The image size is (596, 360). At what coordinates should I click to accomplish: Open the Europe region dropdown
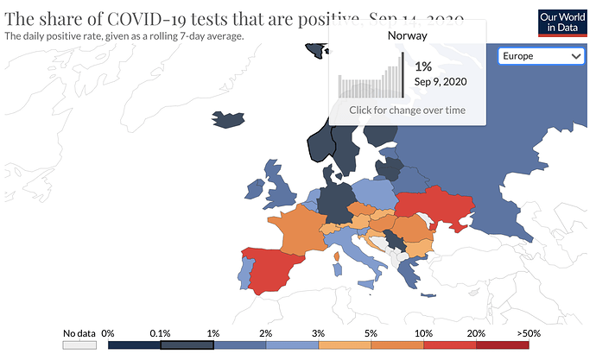[542, 56]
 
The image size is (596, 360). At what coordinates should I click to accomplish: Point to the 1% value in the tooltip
[423, 66]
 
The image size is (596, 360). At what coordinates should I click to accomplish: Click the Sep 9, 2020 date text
[441, 82]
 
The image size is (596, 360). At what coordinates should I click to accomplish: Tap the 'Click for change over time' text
[407, 111]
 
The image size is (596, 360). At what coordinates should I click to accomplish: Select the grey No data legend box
[79, 344]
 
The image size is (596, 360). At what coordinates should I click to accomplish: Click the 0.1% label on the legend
[160, 332]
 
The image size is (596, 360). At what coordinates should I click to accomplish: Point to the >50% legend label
[529, 332]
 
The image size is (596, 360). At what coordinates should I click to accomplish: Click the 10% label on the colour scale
[423, 332]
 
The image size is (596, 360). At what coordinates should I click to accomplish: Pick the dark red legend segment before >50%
[503, 344]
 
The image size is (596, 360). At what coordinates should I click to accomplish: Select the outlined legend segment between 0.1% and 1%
[187, 344]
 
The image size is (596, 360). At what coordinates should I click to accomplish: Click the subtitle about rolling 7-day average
[124, 36]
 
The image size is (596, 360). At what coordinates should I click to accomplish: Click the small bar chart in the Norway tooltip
[370, 78]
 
